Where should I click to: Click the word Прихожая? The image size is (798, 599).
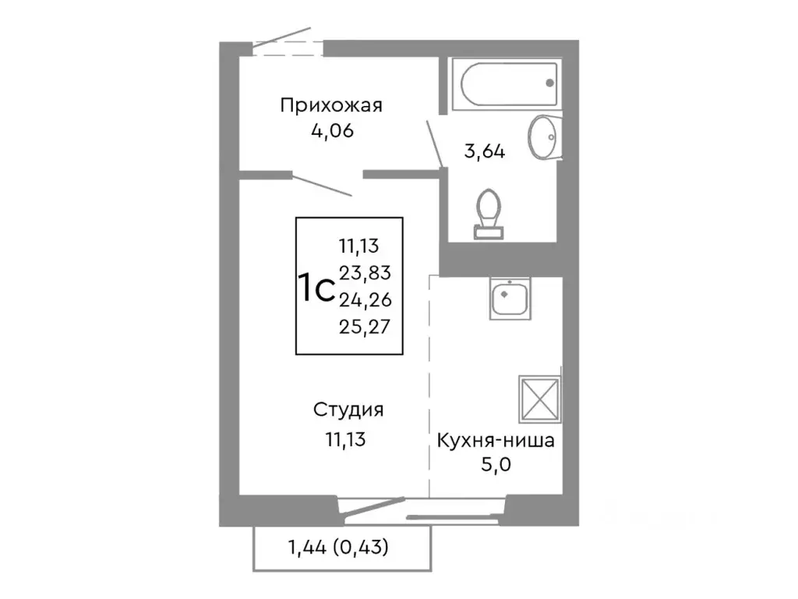[332, 105]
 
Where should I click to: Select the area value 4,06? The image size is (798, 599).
[332, 131]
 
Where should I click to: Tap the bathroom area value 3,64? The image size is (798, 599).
[485, 151]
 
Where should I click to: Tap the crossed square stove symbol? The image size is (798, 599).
[539, 398]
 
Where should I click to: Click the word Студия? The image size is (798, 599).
[348, 409]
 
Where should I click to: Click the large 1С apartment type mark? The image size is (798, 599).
[316, 289]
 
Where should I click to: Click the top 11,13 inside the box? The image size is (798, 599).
[358, 247]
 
